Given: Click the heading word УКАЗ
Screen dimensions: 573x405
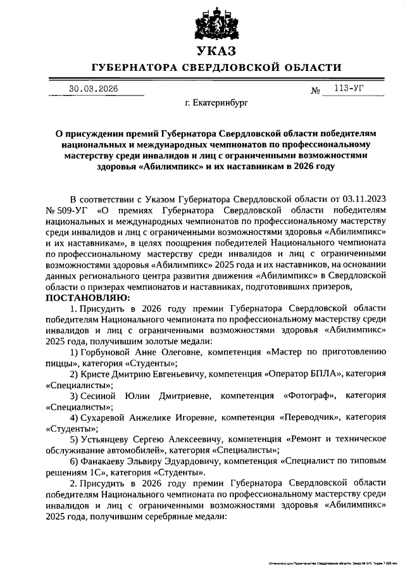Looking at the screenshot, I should click(216, 51).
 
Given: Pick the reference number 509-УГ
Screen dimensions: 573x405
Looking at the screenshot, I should click(70, 209).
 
